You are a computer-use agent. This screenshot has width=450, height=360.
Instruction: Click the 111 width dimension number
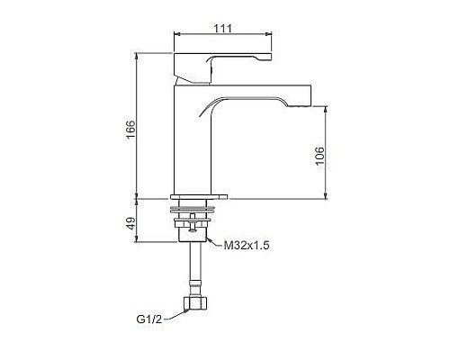221,28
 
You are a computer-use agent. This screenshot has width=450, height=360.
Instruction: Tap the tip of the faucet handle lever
266,58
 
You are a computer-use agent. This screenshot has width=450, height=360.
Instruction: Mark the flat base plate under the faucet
199,195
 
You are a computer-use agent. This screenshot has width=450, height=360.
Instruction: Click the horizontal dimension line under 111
221,37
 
